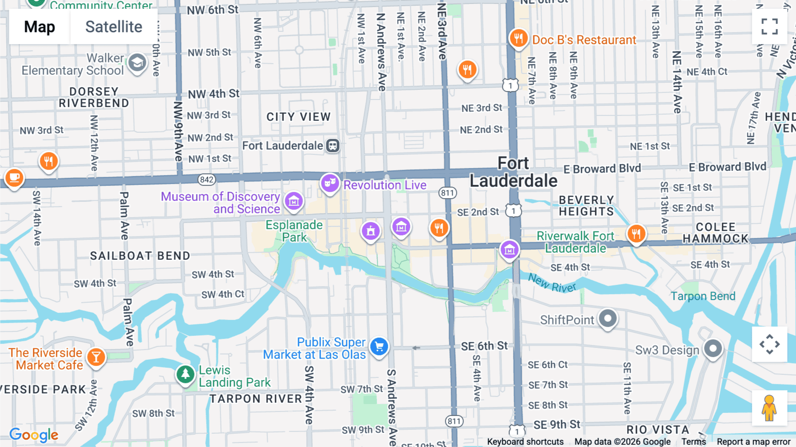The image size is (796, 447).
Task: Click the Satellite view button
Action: [x=114, y=27]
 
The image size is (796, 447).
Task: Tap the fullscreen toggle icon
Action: [x=769, y=27]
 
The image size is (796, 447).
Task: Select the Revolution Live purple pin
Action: [x=330, y=183]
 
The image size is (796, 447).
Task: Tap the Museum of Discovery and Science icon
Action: [x=294, y=201]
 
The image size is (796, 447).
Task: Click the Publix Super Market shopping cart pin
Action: [x=379, y=347]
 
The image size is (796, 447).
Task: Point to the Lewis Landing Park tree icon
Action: [x=185, y=374]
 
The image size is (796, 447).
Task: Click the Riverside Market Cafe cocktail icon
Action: [x=96, y=357]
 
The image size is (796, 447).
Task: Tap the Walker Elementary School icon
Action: [x=137, y=63]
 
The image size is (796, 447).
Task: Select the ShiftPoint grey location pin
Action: [x=608, y=318]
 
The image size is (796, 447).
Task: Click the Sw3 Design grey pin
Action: [x=713, y=349]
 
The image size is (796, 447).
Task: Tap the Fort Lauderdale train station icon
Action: [x=333, y=146]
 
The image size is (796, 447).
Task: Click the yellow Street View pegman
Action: [x=769, y=408]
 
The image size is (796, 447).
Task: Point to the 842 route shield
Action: [x=207, y=179]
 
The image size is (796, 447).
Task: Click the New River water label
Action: [x=552, y=283]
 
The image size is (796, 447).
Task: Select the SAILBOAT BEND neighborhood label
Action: [x=140, y=256]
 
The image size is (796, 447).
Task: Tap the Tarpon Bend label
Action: [x=703, y=296]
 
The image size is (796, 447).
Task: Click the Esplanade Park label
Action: [x=294, y=231]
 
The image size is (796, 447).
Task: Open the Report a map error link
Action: [x=753, y=442]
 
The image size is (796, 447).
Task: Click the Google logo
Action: [x=34, y=435]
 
